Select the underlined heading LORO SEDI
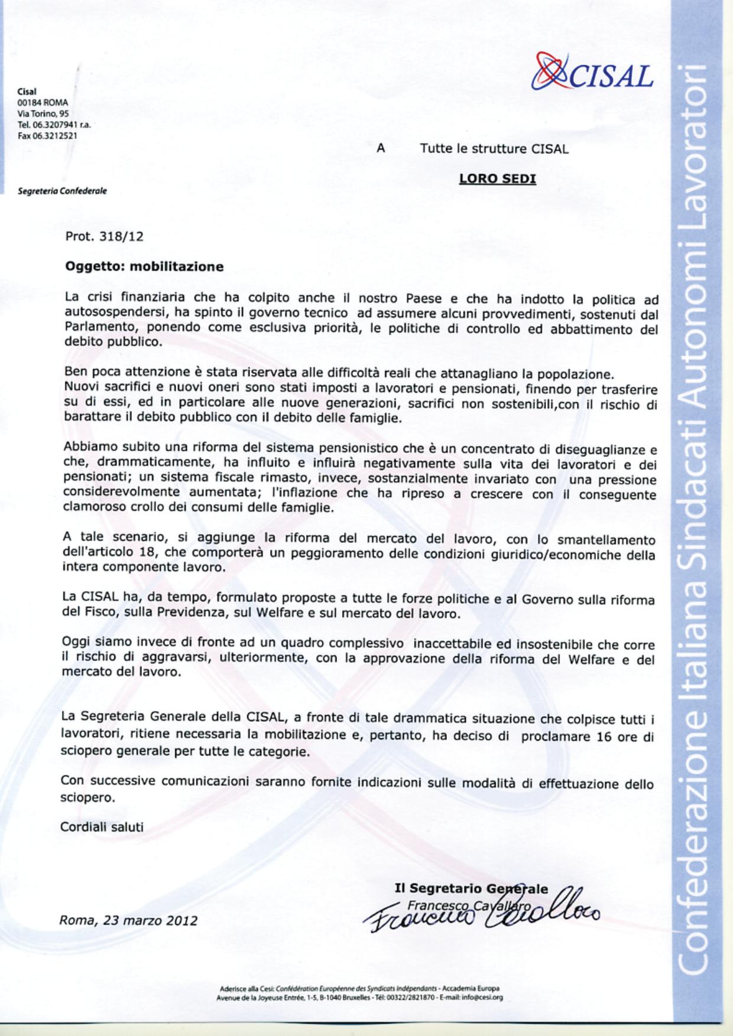tap(497, 179)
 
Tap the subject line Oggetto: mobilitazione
tap(144, 266)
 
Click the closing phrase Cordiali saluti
tap(102, 827)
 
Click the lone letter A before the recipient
tap(381, 149)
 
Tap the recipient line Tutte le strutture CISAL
tap(494, 149)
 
